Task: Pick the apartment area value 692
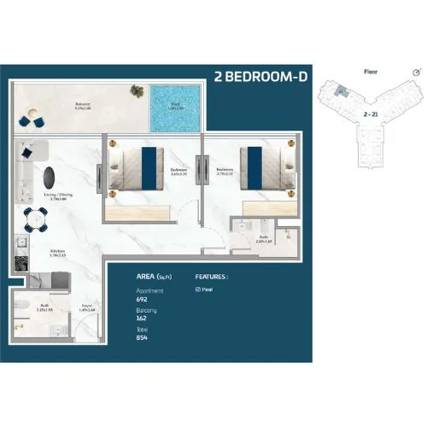click(x=142, y=300)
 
